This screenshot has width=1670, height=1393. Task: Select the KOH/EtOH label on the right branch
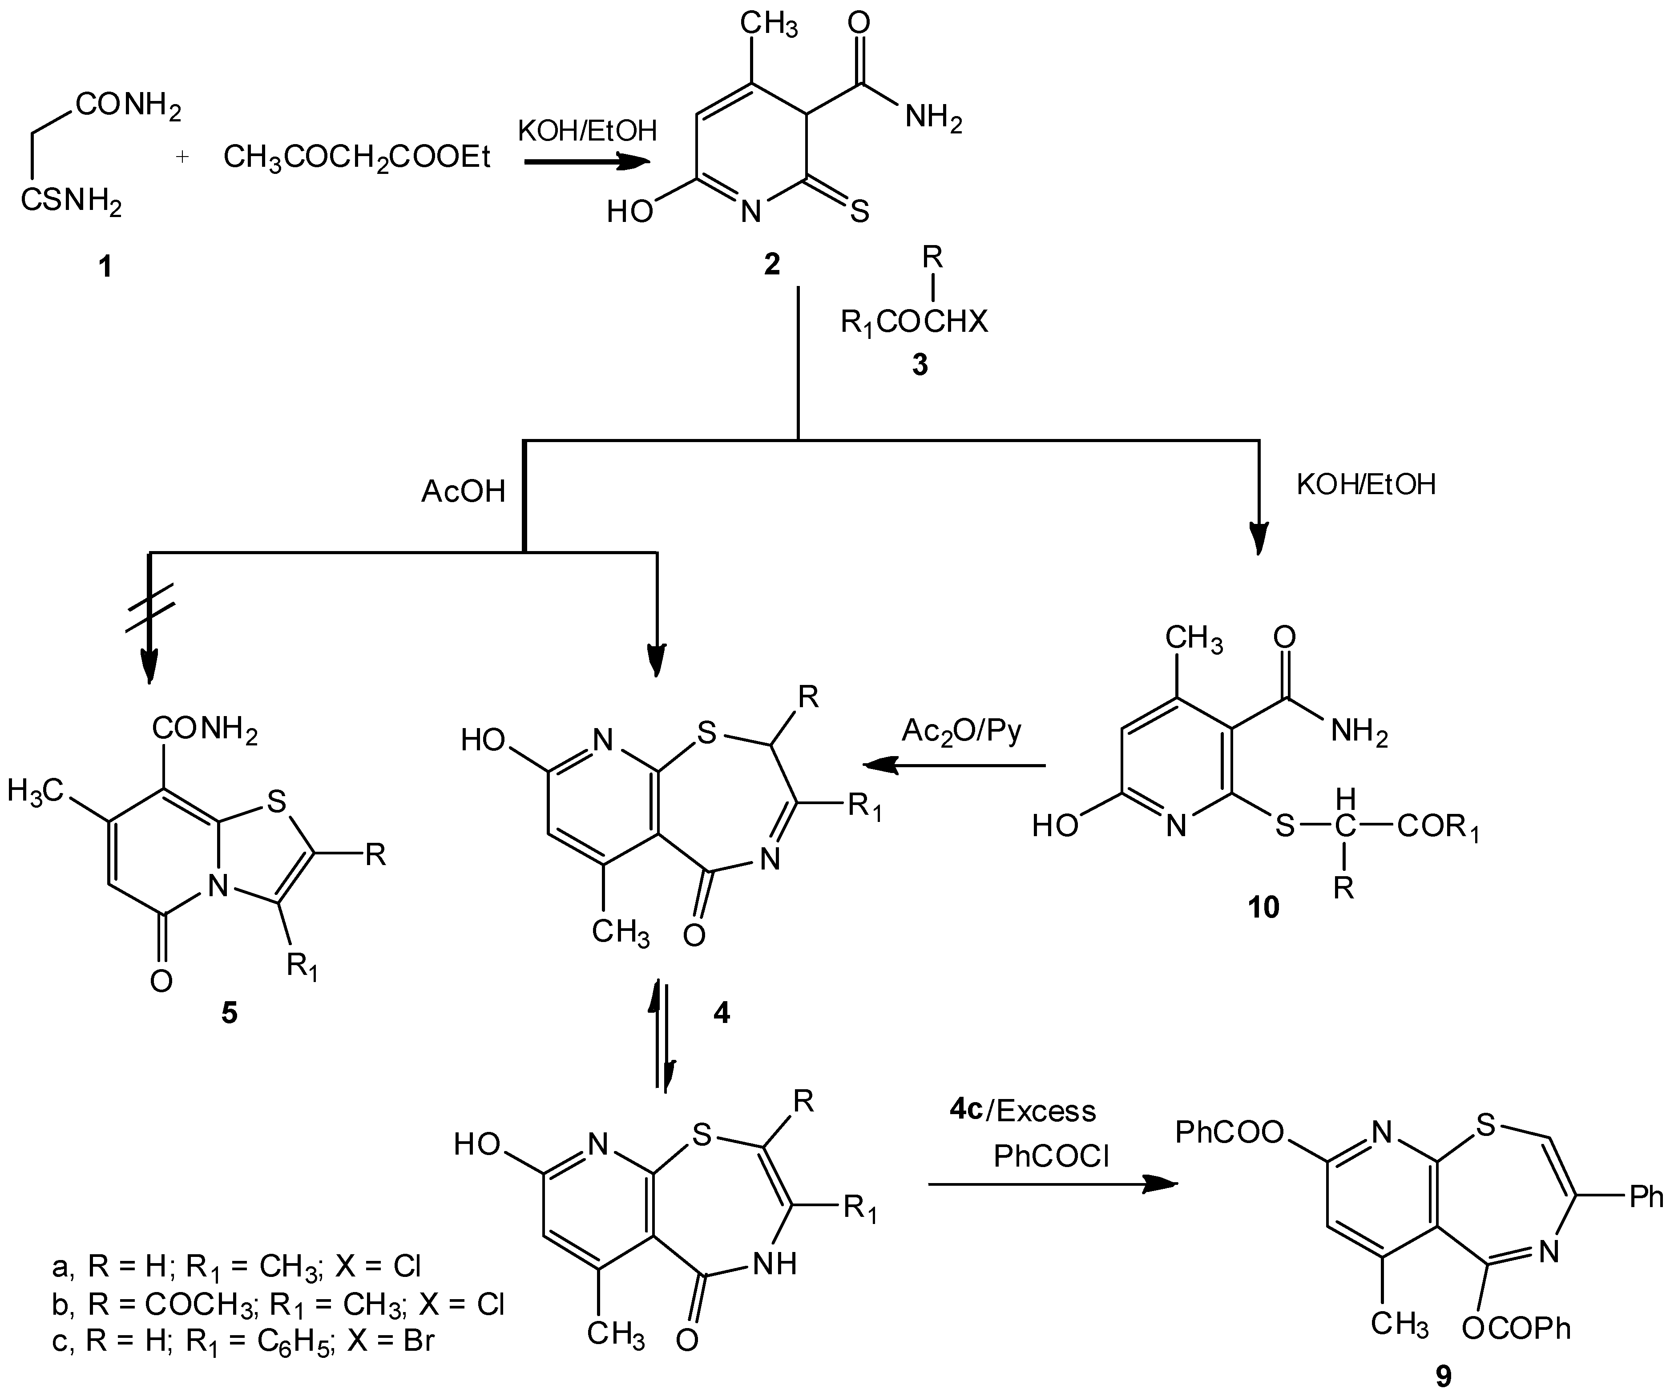1365,484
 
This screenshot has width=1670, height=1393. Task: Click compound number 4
721,1013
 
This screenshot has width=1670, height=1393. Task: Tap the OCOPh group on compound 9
1516,1328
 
